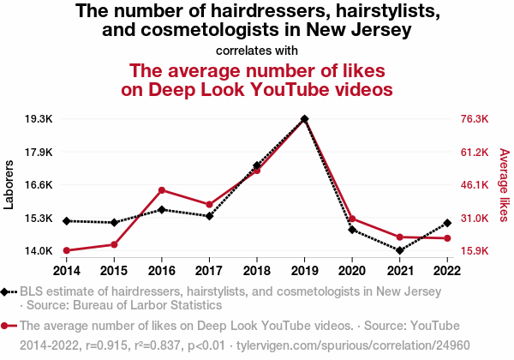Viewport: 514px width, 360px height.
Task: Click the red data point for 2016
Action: pyautogui.click(x=161, y=189)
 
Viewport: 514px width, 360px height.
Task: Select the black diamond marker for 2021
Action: pyautogui.click(x=399, y=250)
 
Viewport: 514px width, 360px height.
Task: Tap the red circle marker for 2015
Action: pyautogui.click(x=114, y=244)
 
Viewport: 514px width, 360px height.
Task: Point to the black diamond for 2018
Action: pyautogui.click(x=256, y=165)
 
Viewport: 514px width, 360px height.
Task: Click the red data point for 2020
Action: pyautogui.click(x=352, y=219)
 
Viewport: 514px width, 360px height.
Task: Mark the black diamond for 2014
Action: pyautogui.click(x=66, y=221)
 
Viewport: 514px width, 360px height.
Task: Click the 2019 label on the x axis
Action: pyautogui.click(x=304, y=270)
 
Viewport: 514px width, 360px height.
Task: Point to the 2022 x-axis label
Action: pyautogui.click(x=447, y=270)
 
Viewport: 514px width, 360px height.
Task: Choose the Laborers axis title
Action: pyautogui.click(x=9, y=184)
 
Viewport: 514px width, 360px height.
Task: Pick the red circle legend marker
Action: pyautogui.click(x=7, y=326)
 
